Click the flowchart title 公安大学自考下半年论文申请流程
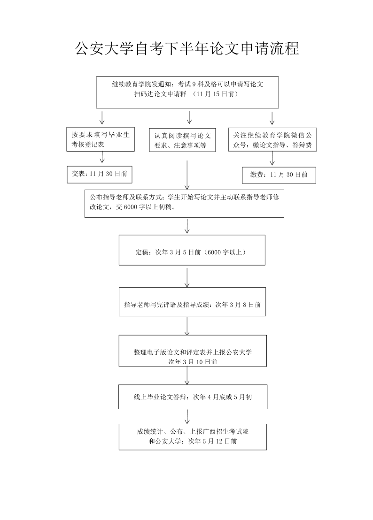[x=186, y=48]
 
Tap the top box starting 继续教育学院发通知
[x=187, y=92]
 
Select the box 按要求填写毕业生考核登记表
[x=101, y=139]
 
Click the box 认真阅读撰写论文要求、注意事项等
[x=183, y=140]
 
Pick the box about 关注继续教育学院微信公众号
[x=272, y=139]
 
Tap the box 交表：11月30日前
[x=100, y=174]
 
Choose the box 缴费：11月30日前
[x=279, y=175]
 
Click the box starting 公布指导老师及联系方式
[x=184, y=203]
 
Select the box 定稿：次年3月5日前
[x=192, y=252]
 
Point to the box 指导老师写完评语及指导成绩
[x=192, y=305]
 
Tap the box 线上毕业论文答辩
[x=193, y=397]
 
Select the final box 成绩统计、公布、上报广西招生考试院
[x=193, y=436]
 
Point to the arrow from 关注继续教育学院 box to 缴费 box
[x=272, y=160]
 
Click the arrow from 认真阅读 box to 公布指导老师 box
[x=187, y=174]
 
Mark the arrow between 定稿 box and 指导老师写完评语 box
[x=187, y=277]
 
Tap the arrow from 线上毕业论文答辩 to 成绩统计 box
[x=187, y=416]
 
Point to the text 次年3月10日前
[x=193, y=362]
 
